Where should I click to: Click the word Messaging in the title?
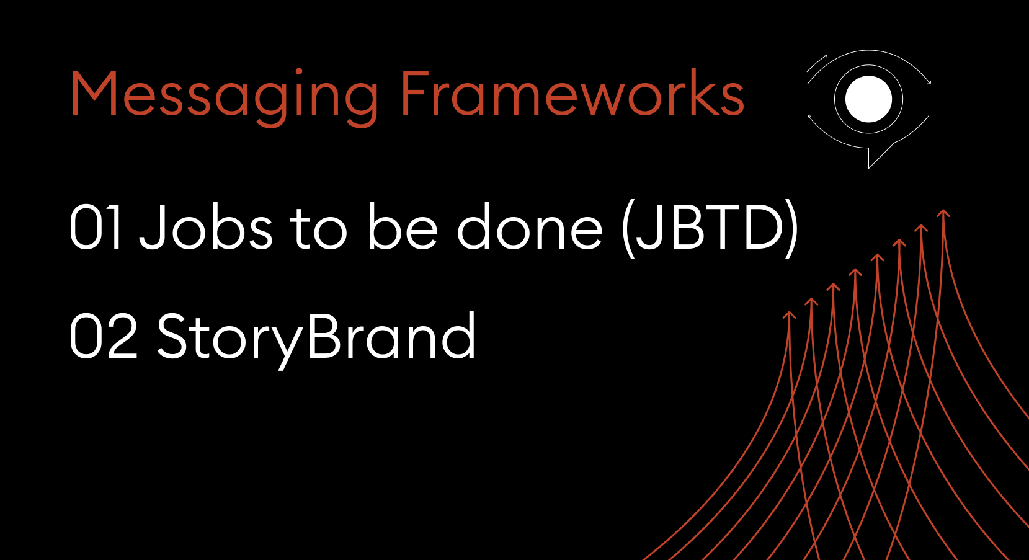pyautogui.click(x=224, y=97)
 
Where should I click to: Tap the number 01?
pyautogui.click(x=96, y=228)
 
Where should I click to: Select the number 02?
pyautogui.click(x=104, y=336)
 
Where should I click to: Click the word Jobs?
pyautogui.click(x=206, y=227)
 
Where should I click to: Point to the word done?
pyautogui.click(x=530, y=227)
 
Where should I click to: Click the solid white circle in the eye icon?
pyautogui.click(x=868, y=99)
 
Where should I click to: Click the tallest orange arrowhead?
pyautogui.click(x=943, y=213)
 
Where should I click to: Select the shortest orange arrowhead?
pyautogui.click(x=789, y=314)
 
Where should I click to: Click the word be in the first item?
pyautogui.click(x=403, y=227)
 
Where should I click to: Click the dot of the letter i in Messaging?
pyautogui.click(x=298, y=71)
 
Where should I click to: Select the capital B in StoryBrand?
pyautogui.click(x=324, y=336)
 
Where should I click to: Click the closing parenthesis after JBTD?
pyautogui.click(x=791, y=228)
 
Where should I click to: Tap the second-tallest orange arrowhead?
pyautogui.click(x=921, y=228)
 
